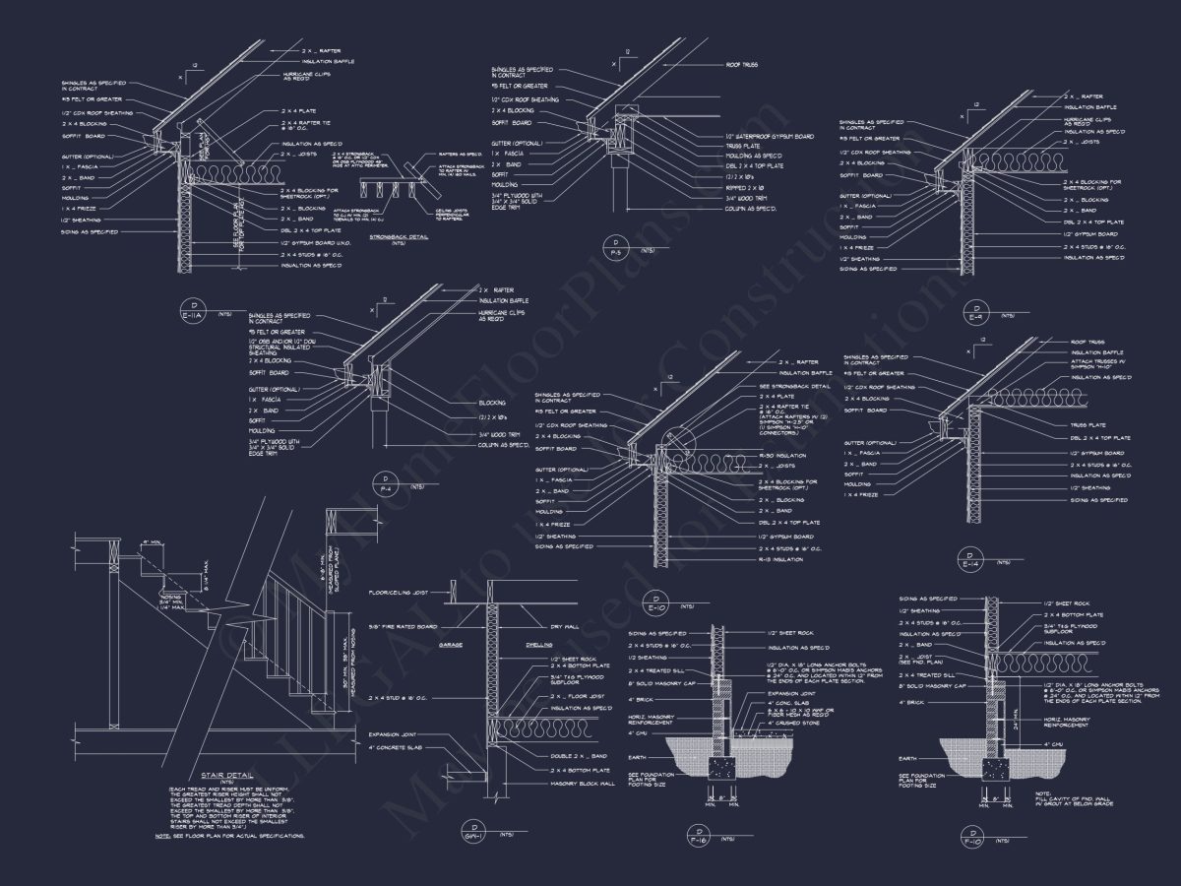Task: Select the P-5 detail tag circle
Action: point(616,245)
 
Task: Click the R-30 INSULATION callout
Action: point(783,456)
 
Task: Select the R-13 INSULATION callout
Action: point(781,559)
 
